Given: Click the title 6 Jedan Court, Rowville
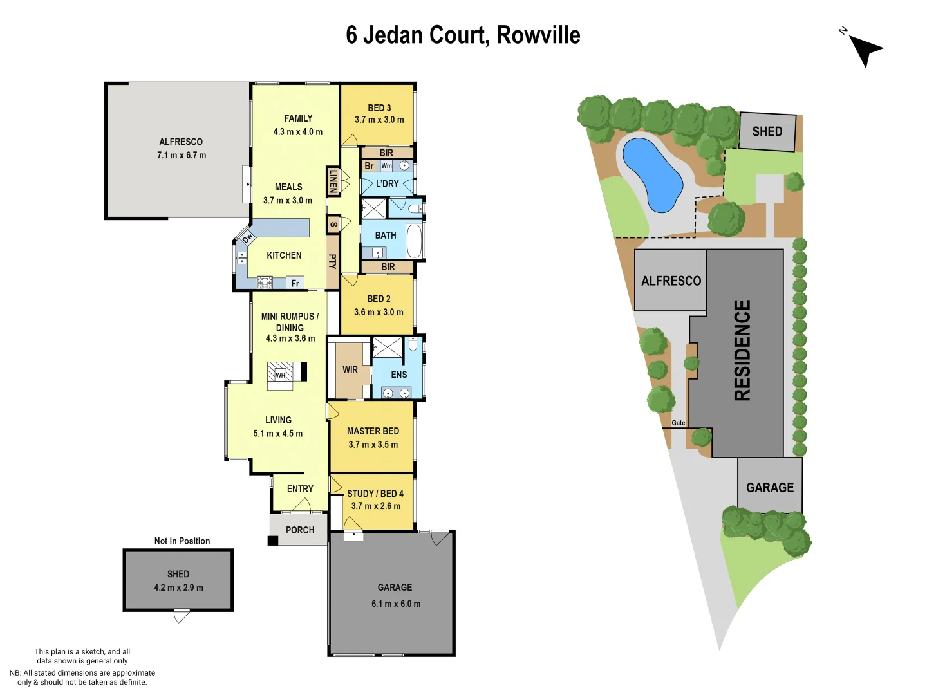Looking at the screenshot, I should tap(463, 35).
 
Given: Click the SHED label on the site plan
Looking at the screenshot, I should tap(767, 132).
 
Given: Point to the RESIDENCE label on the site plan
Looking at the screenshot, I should tap(743, 350).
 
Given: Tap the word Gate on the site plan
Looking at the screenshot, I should tap(679, 423).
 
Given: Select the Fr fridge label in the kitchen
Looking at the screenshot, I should tap(295, 283).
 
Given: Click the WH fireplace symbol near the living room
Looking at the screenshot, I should tap(281, 375).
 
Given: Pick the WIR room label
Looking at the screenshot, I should tap(350, 370).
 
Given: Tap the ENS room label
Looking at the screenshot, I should tap(399, 375).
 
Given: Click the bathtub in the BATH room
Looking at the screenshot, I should tap(415, 240).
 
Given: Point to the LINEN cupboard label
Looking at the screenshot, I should tap(333, 181).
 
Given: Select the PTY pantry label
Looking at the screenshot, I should tap(333, 261).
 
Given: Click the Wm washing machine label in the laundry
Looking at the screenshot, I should tap(386, 165).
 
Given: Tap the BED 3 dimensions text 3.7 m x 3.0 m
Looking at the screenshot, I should tap(379, 120).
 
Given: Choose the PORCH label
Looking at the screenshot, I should tap(300, 530).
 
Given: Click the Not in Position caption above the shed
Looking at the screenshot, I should tap(182, 541).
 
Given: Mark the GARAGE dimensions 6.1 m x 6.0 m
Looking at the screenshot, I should tap(395, 604).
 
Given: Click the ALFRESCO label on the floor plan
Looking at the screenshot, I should tap(181, 142).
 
